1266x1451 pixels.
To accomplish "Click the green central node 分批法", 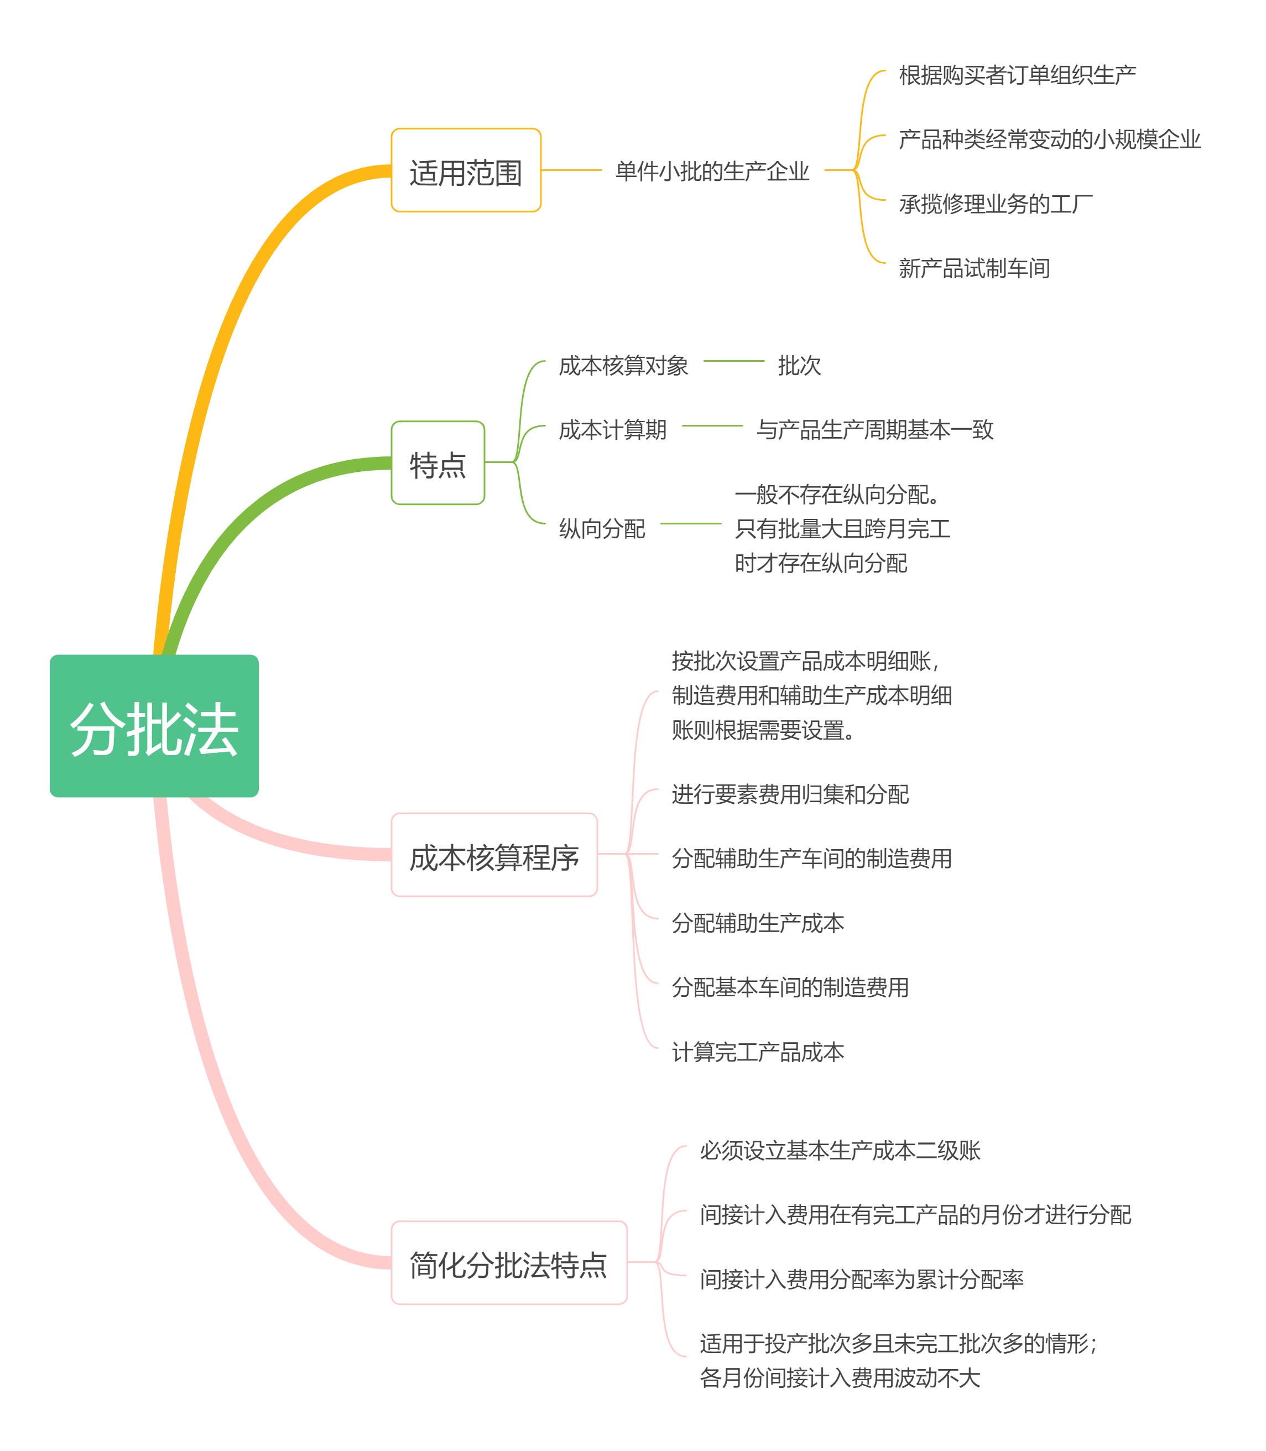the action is tap(154, 726).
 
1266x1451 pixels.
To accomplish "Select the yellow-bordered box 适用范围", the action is tap(466, 170).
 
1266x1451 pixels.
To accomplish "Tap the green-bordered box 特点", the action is tap(437, 462).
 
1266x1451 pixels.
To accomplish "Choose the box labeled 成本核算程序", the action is tap(494, 855).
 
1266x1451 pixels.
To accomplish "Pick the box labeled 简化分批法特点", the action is tap(509, 1262).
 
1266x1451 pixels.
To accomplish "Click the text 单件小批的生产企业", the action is tap(712, 171).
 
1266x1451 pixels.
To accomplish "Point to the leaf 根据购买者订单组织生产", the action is tap(1017, 75).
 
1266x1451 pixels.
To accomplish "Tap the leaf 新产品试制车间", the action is tap(974, 268).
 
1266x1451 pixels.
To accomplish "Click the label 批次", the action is tap(799, 365).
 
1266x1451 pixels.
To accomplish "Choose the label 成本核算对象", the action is tap(623, 365).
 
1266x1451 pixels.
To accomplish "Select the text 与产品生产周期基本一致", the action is tap(874, 429).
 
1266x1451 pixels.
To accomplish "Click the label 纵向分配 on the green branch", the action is tap(602, 528).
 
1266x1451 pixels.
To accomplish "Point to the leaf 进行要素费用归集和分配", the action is tap(790, 794).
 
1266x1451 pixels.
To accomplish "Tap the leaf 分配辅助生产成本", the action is tap(757, 923).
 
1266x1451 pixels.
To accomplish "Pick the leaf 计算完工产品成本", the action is tap(757, 1052).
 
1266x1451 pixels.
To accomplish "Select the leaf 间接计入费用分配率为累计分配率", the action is tap(861, 1278).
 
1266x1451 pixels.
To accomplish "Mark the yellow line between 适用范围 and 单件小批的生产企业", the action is tap(571, 170).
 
